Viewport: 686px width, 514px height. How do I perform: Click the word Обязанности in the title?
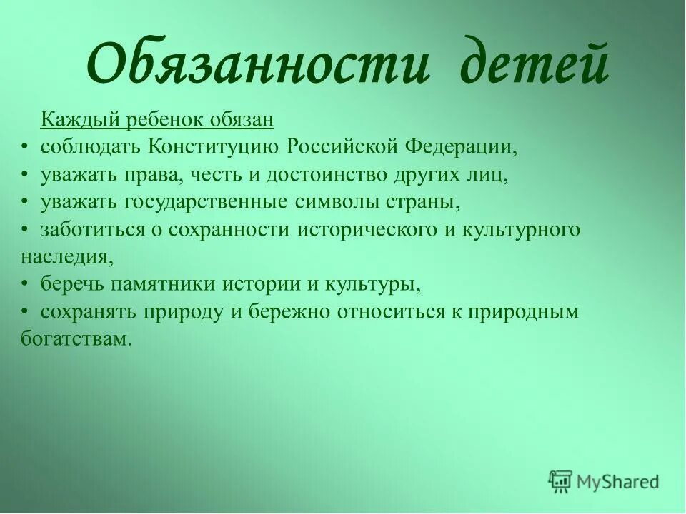click(x=259, y=64)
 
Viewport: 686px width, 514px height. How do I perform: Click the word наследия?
click(x=63, y=256)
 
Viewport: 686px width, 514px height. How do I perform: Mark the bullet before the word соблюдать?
click(x=24, y=147)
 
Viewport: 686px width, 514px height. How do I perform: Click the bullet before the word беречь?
click(x=24, y=284)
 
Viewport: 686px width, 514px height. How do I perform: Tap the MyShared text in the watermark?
click(x=619, y=482)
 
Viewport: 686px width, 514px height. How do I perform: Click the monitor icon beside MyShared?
click(x=561, y=481)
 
